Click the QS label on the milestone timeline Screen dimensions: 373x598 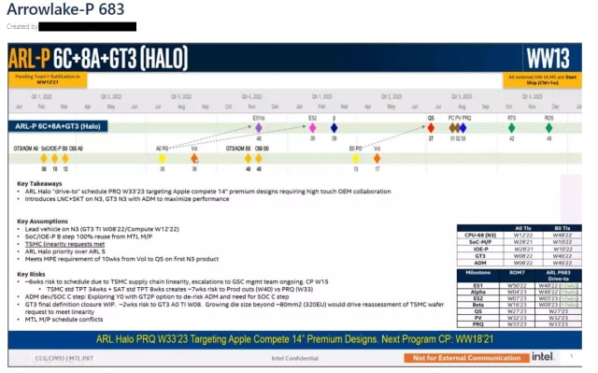pyautogui.click(x=432, y=119)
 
